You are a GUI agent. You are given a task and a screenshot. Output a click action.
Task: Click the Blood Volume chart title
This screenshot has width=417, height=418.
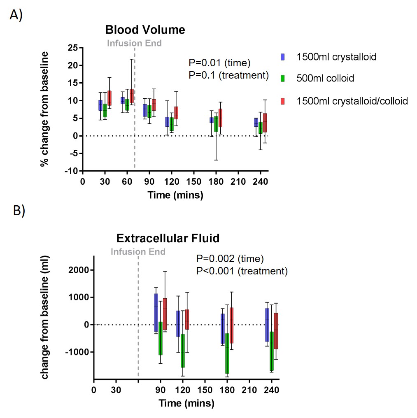click(x=145, y=30)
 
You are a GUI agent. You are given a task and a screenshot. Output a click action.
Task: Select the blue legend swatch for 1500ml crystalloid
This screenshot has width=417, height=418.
click(x=283, y=57)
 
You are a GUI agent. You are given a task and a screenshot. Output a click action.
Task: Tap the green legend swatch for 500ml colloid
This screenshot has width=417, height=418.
click(x=283, y=78)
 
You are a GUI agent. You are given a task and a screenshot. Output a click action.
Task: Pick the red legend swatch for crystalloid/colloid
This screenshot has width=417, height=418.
click(x=283, y=101)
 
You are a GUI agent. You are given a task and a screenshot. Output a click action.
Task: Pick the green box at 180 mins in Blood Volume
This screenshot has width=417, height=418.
click(x=216, y=124)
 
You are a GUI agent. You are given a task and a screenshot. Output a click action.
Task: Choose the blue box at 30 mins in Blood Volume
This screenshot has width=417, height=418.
click(x=100, y=105)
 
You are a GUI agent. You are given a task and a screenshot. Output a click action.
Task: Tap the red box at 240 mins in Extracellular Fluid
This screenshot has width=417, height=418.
click(x=276, y=331)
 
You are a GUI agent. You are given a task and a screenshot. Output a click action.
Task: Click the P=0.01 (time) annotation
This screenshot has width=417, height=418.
click(x=219, y=63)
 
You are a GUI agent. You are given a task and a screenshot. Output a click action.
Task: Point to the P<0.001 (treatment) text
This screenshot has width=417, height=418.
click(x=242, y=271)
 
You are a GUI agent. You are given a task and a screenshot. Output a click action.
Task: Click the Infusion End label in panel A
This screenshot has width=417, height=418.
click(x=134, y=43)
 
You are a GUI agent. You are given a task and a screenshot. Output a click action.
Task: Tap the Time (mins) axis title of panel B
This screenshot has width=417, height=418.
click(x=186, y=403)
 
